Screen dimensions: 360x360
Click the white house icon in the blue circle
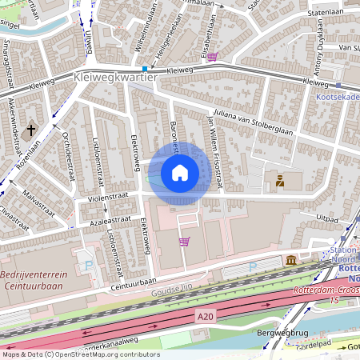pyautogui.click(x=180, y=172)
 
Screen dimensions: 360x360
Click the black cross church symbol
pyautogui.click(x=33, y=130)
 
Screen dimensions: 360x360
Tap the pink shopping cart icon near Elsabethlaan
pyautogui.click(x=212, y=57)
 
